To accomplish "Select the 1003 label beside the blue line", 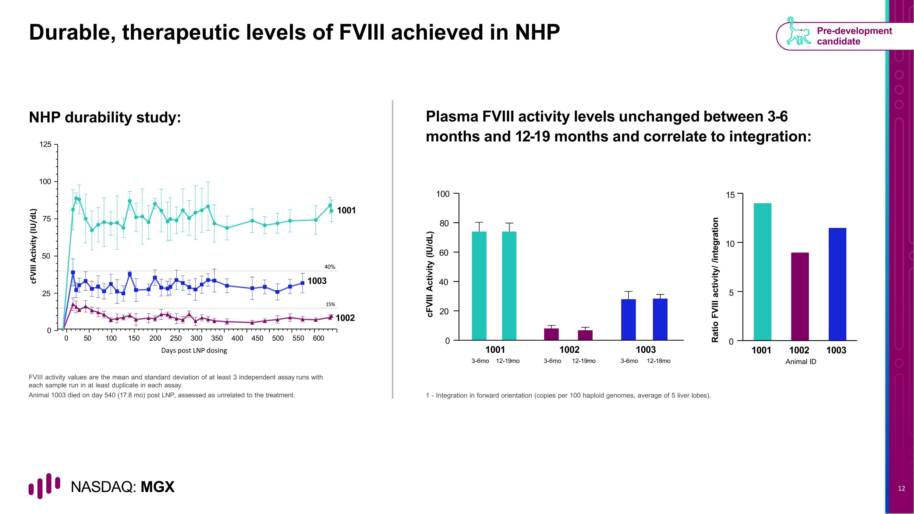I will (x=317, y=281).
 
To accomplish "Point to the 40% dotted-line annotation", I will (x=330, y=267).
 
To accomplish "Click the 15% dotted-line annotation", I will (x=330, y=304).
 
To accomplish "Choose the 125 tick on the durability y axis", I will (x=45, y=144).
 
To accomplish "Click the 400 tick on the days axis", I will (x=237, y=338).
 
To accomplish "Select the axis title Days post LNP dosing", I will (x=194, y=350).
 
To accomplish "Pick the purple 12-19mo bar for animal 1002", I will (x=585, y=335).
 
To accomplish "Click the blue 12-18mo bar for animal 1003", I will (x=660, y=319).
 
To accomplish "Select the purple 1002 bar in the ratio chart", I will (x=800, y=296).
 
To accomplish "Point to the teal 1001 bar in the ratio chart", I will (x=763, y=272).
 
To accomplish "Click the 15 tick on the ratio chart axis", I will (x=730, y=195).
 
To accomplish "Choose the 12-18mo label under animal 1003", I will (x=658, y=361).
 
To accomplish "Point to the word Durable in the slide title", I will (x=71, y=33).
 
